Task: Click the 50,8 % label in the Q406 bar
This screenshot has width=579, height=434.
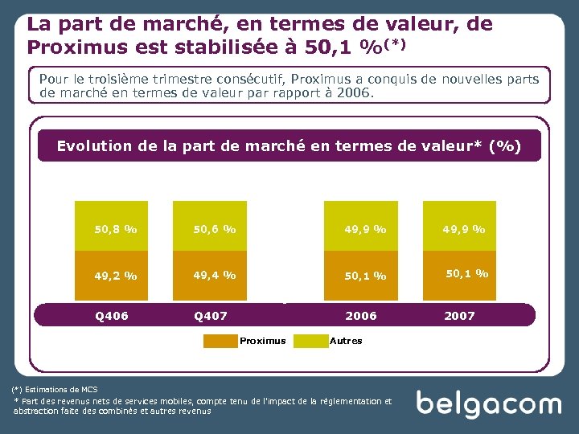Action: point(116,228)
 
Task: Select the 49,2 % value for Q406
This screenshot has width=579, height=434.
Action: point(116,276)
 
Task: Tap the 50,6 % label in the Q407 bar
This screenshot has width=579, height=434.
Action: point(215,228)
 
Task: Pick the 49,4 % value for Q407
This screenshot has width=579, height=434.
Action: point(215,275)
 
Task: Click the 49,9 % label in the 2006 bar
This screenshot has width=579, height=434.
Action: point(365,229)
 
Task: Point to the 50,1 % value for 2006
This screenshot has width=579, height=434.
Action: point(365,276)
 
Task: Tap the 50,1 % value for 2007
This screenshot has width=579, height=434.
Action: point(466,273)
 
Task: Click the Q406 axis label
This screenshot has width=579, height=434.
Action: point(111,316)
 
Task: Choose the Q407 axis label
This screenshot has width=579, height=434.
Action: point(211,316)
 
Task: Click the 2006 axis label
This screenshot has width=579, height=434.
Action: point(360,316)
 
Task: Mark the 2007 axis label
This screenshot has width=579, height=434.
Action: point(460,316)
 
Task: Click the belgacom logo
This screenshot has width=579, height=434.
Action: point(488,403)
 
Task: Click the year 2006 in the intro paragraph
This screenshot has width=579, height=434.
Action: point(356,93)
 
